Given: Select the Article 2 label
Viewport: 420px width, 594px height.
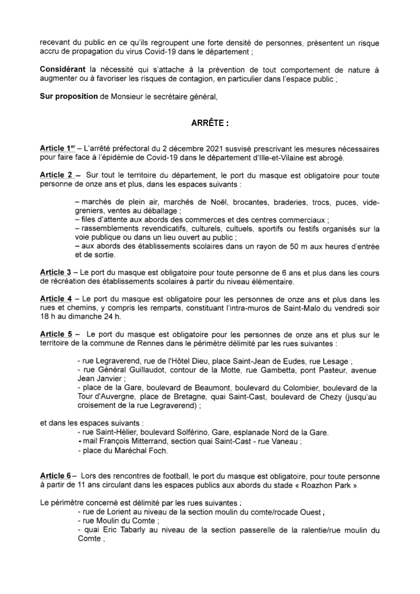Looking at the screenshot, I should tap(55, 174).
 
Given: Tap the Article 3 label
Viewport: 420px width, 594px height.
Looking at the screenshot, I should tap(55, 272).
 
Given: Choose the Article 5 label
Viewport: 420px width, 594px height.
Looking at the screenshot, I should tap(55, 335).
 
